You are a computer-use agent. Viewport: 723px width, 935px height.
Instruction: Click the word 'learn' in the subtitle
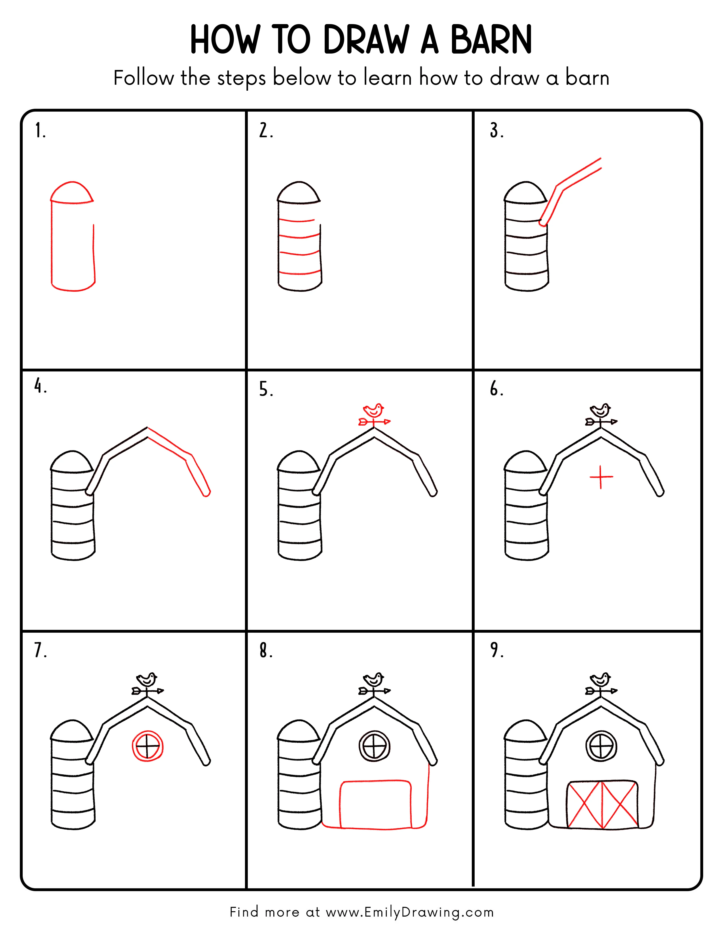pyautogui.click(x=388, y=78)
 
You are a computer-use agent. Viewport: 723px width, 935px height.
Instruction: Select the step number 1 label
pyautogui.click(x=40, y=131)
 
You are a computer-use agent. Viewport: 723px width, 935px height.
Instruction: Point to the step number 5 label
pyautogui.click(x=266, y=390)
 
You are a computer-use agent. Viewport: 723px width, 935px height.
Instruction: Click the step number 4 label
pyautogui.click(x=40, y=386)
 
